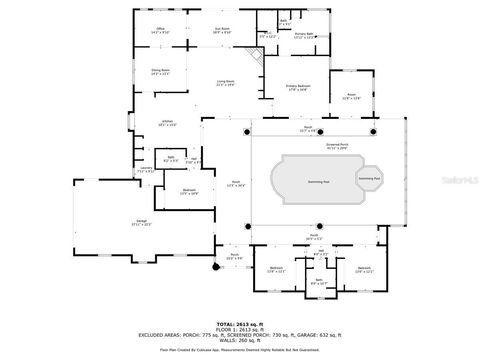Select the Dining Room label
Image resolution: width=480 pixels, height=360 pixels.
point(160,71)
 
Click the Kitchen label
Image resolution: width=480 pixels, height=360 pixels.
point(168,123)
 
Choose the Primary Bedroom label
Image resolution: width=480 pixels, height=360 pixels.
point(298,88)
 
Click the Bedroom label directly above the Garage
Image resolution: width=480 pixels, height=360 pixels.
point(189,191)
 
